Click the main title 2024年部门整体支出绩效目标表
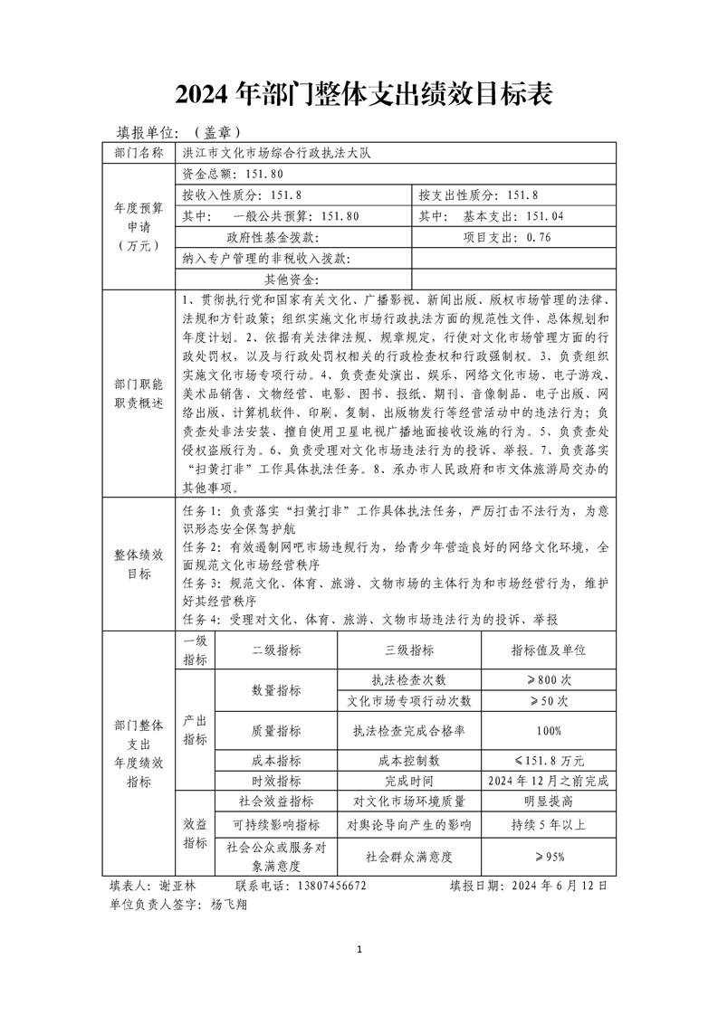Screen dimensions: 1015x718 pyautogui.click(x=359, y=93)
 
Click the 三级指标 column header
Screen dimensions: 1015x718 pyautogui.click(x=409, y=650)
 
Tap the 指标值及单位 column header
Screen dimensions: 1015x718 pyautogui.click(x=549, y=650)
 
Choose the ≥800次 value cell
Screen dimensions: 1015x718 pyautogui.click(x=549, y=679)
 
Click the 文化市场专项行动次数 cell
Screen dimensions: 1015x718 pyautogui.click(x=409, y=701)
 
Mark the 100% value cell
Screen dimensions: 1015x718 pyautogui.click(x=549, y=731)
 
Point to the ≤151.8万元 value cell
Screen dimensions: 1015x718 pyautogui.click(x=549, y=760)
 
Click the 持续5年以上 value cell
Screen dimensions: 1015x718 pyautogui.click(x=549, y=825)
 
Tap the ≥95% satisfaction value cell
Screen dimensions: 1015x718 pyautogui.click(x=549, y=856)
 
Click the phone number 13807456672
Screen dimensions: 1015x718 pyautogui.click(x=326, y=886)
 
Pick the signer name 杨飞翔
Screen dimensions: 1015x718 pyautogui.click(x=227, y=904)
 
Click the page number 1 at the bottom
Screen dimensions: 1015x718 pyautogui.click(x=359, y=949)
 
